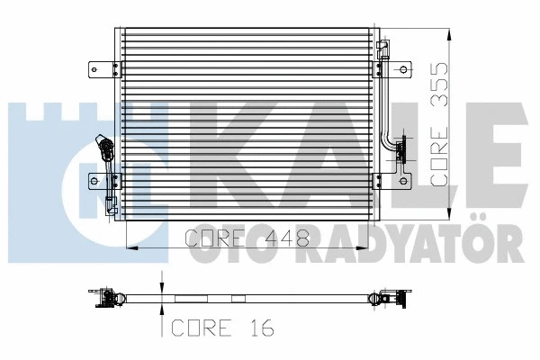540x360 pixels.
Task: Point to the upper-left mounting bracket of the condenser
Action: [x=97, y=68]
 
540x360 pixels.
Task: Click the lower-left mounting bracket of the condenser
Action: [x=97, y=181]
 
